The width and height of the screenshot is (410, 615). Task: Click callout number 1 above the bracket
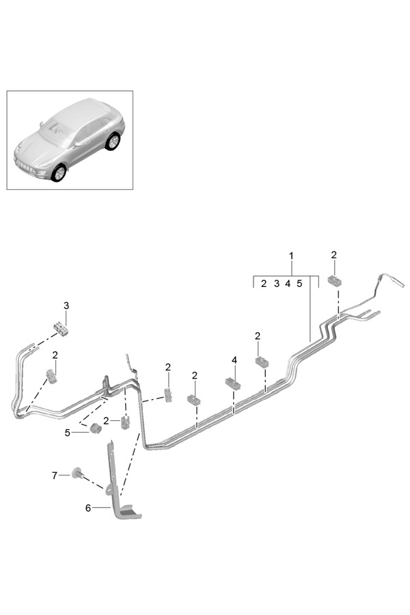click(x=292, y=256)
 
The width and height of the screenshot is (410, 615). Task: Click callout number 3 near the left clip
click(x=66, y=305)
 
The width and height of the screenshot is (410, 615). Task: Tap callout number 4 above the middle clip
click(x=234, y=359)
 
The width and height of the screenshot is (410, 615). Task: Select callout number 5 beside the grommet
click(x=68, y=433)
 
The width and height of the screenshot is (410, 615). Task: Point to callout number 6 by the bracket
click(x=87, y=508)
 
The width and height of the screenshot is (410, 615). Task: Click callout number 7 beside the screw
click(x=56, y=474)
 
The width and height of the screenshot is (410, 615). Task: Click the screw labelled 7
click(x=78, y=474)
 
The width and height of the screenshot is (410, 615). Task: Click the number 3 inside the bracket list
click(x=277, y=284)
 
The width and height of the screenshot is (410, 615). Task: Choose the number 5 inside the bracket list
click(x=299, y=284)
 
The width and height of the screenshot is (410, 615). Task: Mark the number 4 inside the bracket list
click(x=288, y=284)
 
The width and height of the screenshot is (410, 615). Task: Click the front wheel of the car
click(x=59, y=172)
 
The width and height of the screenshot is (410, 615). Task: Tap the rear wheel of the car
click(x=111, y=141)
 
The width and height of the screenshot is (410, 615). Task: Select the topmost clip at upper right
click(x=336, y=281)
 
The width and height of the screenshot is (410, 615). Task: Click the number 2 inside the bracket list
click(x=264, y=284)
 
